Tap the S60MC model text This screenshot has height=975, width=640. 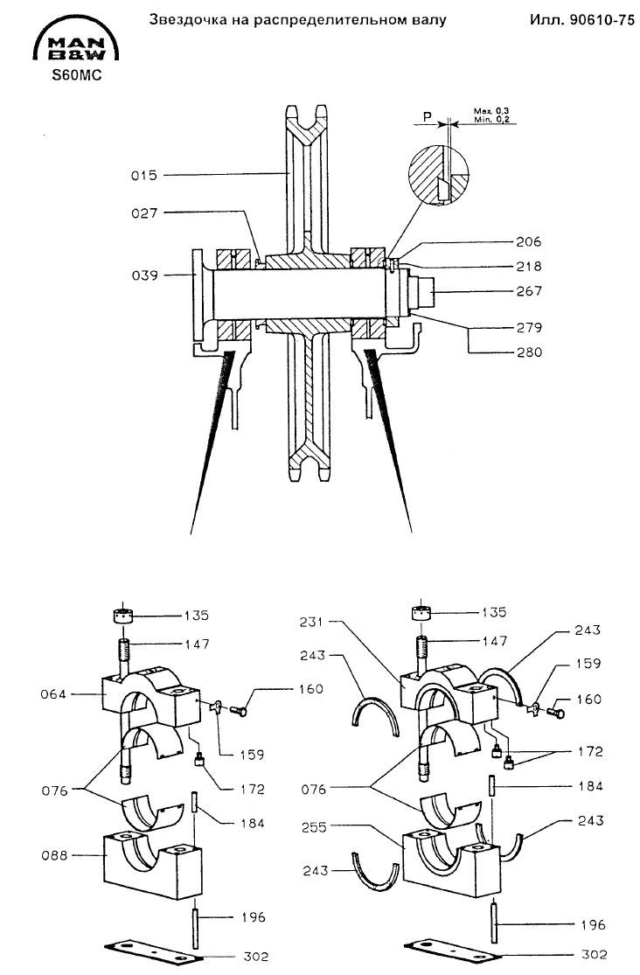(x=76, y=76)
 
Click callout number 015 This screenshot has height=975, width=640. (x=143, y=176)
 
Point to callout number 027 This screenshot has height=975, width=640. (x=143, y=213)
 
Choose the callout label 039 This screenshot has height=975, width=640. (x=144, y=275)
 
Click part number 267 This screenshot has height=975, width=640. (x=529, y=291)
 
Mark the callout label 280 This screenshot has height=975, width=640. (x=529, y=352)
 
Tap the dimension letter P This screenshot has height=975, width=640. (x=428, y=116)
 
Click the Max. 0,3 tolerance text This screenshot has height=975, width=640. (x=491, y=111)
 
